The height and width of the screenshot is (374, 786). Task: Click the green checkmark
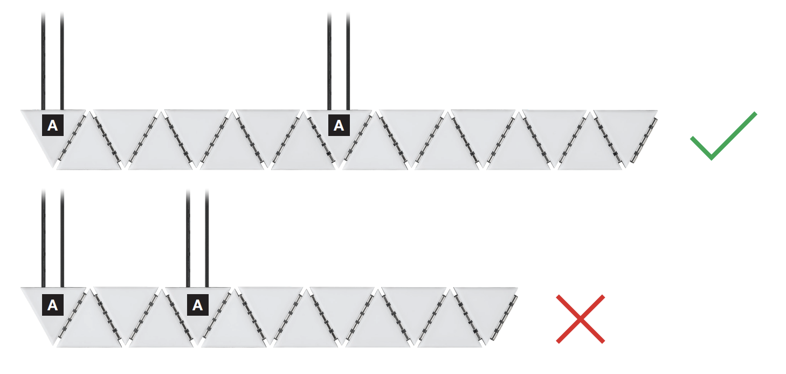point(723,136)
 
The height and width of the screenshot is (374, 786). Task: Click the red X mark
point(581,319)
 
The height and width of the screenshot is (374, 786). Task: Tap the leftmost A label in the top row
point(53,125)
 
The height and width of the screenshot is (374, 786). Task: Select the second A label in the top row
point(339,125)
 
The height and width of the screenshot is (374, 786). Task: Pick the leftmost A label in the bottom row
point(53,305)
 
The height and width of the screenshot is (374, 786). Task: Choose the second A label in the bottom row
point(197,305)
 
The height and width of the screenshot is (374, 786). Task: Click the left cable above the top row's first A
point(43,62)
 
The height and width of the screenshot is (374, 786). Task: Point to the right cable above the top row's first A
point(62,62)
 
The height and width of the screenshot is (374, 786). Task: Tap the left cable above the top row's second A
point(329,62)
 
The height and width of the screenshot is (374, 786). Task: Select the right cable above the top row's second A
point(348,62)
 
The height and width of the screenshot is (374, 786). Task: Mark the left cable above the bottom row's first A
point(44,239)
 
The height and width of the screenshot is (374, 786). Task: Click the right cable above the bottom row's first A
point(63,239)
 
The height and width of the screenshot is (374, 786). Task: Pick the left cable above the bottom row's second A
point(188,239)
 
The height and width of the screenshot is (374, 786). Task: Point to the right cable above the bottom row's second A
point(207,239)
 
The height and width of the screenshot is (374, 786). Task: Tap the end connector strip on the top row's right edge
point(644,140)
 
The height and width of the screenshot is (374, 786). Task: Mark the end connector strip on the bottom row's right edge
point(504,317)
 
